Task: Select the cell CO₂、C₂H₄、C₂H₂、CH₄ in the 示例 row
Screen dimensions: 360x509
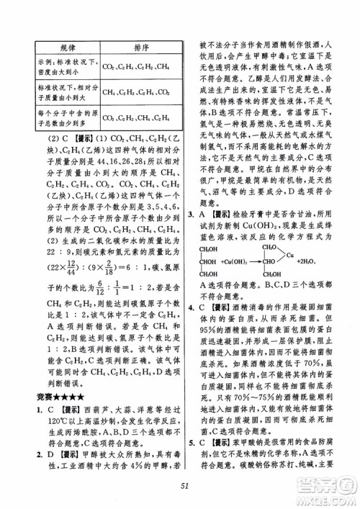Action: point(136,67)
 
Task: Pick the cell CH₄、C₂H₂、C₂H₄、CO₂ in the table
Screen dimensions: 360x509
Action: point(136,92)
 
